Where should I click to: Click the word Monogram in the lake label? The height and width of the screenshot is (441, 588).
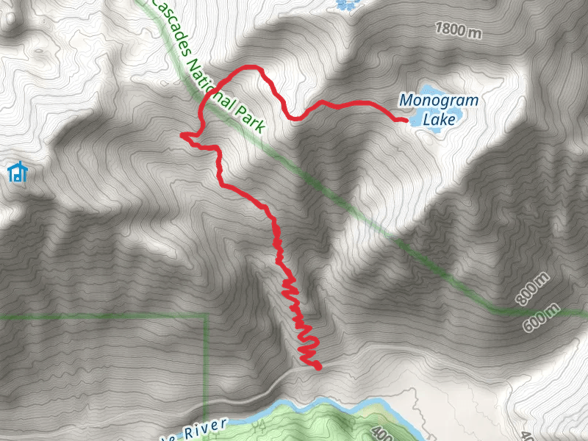coord(438,101)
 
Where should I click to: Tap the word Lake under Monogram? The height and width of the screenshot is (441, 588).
coord(440,118)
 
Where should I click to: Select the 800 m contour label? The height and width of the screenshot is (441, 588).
coord(533,288)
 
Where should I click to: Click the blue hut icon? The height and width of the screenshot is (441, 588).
coord(17,173)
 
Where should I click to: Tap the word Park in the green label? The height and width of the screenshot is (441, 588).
coord(249,118)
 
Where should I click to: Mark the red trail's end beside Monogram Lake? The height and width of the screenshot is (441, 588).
coord(406,119)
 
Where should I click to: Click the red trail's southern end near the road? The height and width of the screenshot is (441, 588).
coord(319,366)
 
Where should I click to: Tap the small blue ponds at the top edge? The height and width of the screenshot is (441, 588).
coord(344,4)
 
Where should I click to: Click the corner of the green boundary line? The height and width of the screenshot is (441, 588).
coord(205,316)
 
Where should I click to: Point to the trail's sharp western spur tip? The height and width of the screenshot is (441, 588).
coord(182,134)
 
